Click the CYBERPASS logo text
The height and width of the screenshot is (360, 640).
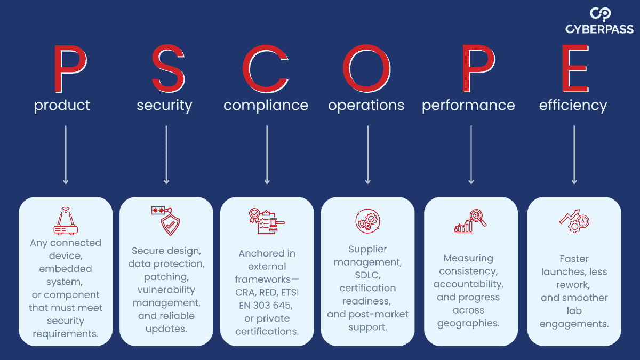pos(599,29)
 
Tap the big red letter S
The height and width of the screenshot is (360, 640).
pos(169,69)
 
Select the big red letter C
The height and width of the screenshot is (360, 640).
pos(266,69)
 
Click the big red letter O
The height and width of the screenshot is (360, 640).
pos(367,69)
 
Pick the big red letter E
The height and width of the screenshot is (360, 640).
pos(575,69)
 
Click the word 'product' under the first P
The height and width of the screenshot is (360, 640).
pos(62,106)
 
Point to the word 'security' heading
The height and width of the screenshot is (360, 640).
pos(165,106)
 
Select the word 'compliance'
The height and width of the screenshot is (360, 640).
pos(266,106)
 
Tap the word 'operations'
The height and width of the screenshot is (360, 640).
pos(366,106)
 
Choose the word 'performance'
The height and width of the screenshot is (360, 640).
pos(469,106)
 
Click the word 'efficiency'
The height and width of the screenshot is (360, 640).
pos(573,106)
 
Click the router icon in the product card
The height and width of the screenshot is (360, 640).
pos(66,221)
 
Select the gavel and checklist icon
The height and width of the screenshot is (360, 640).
pos(267,221)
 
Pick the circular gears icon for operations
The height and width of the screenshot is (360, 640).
pos(367,221)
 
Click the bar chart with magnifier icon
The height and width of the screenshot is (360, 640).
pos(470,221)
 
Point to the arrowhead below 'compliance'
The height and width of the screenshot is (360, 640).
pos(267,181)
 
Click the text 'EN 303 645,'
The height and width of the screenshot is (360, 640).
pos(266,306)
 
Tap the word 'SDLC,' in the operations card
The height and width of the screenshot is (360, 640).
pos(367,275)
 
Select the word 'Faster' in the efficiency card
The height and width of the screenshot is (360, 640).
pos(574,259)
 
